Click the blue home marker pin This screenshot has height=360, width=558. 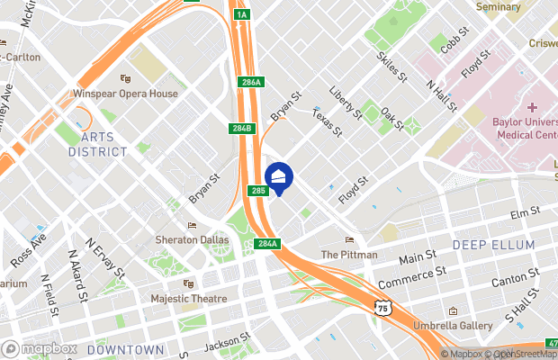278,178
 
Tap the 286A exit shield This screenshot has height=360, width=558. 252,83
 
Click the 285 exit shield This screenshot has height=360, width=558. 258,192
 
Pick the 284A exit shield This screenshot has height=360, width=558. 267,244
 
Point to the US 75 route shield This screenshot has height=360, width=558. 383,309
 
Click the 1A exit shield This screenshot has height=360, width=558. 240,14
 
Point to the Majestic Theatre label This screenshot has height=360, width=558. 189,298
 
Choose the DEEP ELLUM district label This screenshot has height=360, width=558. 493,245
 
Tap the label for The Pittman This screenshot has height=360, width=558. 349,255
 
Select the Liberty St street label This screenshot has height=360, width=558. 346,103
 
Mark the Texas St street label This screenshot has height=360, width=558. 328,122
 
